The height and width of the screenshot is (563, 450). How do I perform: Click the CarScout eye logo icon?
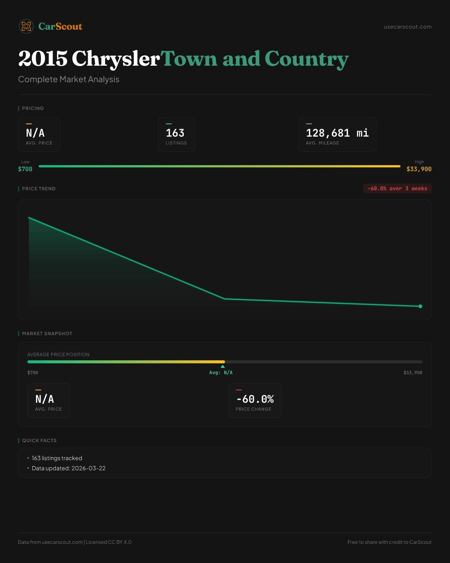26,26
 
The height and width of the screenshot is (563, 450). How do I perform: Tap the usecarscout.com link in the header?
408,27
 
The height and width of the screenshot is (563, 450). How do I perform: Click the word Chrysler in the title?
115,59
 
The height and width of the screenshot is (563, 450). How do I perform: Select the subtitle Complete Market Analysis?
69,80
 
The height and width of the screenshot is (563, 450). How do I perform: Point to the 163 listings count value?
175,133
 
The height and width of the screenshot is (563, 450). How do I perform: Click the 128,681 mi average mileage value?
337,133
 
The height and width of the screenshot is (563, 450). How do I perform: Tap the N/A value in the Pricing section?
35,133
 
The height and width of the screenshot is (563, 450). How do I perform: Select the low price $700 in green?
25,169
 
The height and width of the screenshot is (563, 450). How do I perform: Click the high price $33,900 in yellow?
419,169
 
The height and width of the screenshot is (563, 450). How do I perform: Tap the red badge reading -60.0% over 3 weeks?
397,188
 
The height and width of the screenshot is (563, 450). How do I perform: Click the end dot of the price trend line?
420,306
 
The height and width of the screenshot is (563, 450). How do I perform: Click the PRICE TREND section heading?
39,189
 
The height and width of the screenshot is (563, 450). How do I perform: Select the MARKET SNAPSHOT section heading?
47,334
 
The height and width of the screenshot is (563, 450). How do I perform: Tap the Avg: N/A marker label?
221,373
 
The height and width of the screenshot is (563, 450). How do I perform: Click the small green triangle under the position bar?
223,366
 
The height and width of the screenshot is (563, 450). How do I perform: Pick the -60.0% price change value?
255,399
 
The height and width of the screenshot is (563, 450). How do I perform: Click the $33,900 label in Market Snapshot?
412,373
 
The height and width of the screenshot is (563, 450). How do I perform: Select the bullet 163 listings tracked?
57,458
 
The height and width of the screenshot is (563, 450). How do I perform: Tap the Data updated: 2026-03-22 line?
69,468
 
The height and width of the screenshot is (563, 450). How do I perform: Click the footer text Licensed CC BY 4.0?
109,542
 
